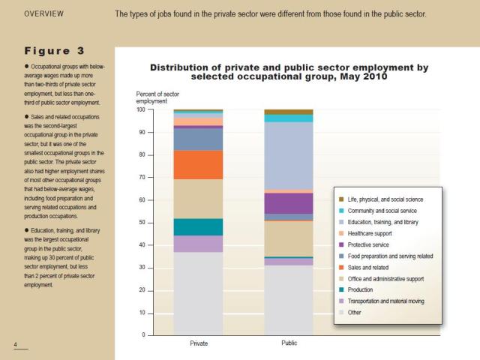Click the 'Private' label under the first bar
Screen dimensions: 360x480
pos(198,343)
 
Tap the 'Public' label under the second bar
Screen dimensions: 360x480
pos(289,343)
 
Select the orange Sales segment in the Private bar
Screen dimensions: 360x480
pos(198,164)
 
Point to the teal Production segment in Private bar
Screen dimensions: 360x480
pos(198,226)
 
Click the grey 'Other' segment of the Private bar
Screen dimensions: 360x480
pos(198,293)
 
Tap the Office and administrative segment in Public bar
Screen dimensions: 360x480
pos(289,238)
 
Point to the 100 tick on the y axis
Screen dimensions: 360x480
pos(140,109)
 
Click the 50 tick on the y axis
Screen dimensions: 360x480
pos(142,223)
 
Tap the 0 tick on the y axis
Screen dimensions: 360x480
pos(143,335)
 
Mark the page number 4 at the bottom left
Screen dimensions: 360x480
pos(15,344)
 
